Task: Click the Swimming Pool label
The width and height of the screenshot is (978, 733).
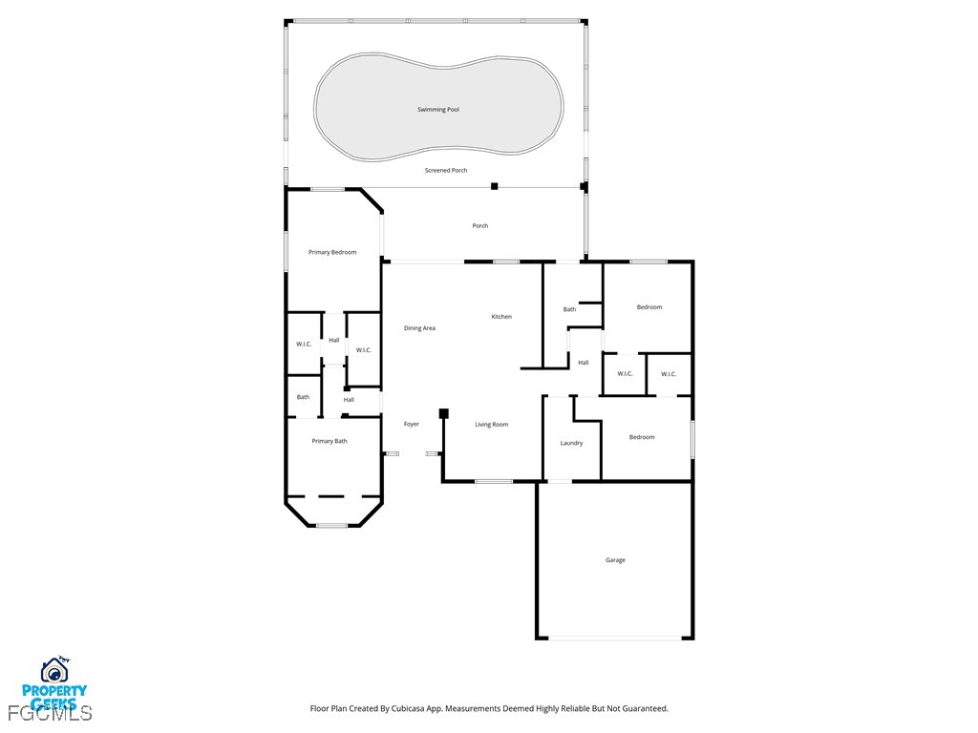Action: click(438, 110)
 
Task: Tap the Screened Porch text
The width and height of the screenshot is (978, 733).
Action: click(446, 170)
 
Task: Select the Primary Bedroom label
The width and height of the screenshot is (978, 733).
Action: click(332, 252)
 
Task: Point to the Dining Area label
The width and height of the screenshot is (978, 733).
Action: click(419, 328)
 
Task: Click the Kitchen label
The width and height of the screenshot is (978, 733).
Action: click(501, 317)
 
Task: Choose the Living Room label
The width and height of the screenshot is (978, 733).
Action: click(492, 424)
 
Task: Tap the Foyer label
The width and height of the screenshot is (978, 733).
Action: click(412, 424)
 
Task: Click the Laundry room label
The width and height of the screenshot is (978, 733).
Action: click(571, 443)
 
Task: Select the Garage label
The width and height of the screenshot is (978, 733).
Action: click(615, 560)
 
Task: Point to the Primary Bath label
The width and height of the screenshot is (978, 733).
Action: click(330, 441)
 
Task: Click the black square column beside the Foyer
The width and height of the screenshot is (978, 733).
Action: click(444, 413)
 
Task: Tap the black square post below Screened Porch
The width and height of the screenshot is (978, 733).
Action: click(494, 186)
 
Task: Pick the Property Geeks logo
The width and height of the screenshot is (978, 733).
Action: click(54, 683)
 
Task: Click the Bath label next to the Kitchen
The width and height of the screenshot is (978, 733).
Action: click(569, 309)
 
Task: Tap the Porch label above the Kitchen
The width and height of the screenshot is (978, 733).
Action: click(480, 226)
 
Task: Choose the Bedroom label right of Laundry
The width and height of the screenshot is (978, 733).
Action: click(642, 437)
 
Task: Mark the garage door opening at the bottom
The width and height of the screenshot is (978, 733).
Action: click(615, 639)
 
